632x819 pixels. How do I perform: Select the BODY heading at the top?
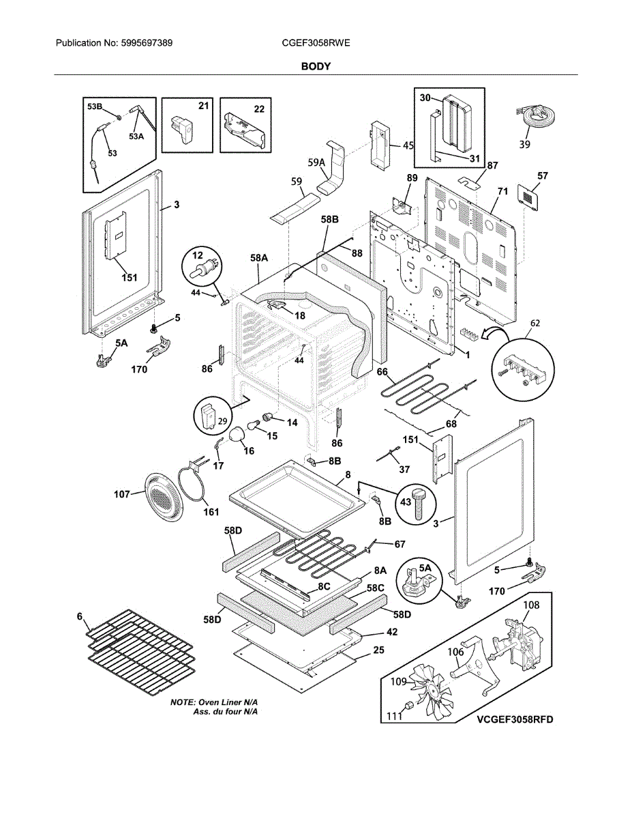316,66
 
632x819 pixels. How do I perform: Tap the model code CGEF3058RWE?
316,43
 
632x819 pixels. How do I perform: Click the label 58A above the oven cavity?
259,259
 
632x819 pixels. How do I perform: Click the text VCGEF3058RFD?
515,719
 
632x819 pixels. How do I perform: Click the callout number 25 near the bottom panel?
378,650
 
